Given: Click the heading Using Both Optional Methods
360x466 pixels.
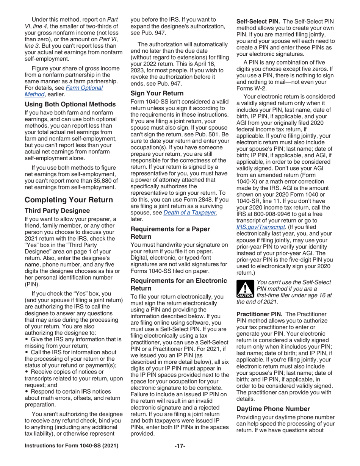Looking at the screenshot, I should (x=70, y=104).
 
